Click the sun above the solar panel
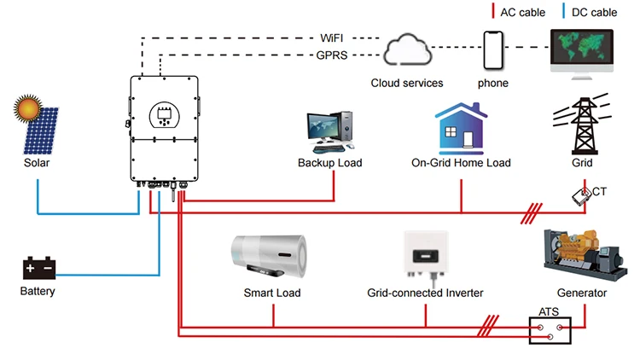[26, 112]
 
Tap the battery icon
[39, 269]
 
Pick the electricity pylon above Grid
[584, 125]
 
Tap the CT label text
[600, 192]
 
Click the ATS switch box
[549, 329]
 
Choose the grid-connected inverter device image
[426, 254]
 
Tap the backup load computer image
[329, 132]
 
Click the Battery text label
[38, 292]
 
